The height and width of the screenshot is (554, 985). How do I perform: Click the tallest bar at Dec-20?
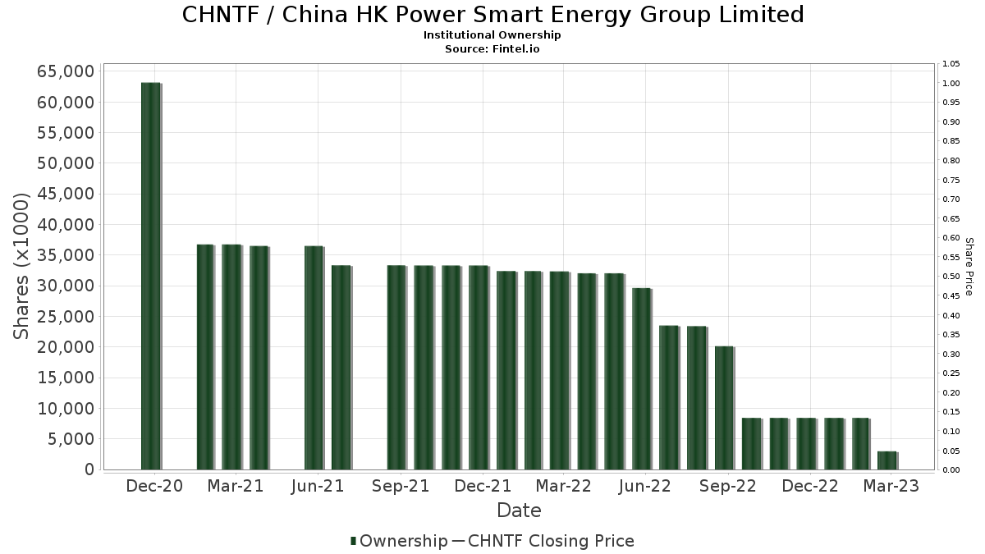click(x=150, y=276)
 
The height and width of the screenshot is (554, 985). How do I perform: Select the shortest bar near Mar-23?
click(x=886, y=460)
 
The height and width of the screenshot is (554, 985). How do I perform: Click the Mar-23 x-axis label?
click(x=891, y=486)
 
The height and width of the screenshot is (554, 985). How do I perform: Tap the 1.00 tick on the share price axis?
click(x=951, y=83)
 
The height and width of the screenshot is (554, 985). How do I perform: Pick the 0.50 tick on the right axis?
click(x=951, y=277)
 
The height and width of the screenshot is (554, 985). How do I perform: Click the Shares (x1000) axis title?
click(x=22, y=266)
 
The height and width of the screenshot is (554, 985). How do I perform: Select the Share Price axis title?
click(x=969, y=266)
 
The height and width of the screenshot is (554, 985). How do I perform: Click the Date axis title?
click(x=519, y=511)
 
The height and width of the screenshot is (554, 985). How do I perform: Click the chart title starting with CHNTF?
click(x=492, y=15)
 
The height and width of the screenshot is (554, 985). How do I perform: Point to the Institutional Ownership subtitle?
click(x=492, y=35)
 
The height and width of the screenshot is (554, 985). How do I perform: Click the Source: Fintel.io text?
click(x=492, y=48)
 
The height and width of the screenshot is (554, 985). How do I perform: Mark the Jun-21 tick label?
click(x=317, y=486)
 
